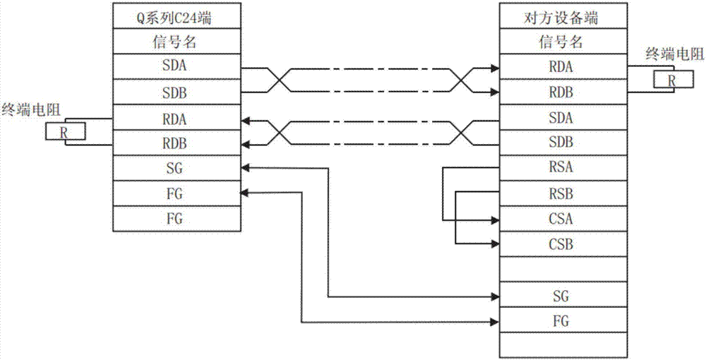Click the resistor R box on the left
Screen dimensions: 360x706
click(x=65, y=131)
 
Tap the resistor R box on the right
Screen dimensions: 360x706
click(x=671, y=80)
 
